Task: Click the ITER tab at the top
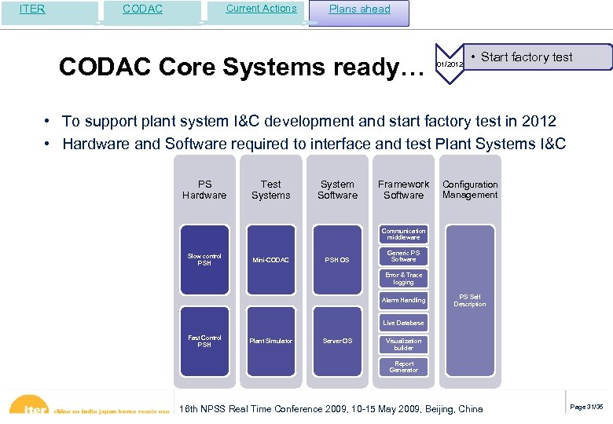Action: [32, 9]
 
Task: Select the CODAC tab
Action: [143, 9]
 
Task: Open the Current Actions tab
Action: [261, 9]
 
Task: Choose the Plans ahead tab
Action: [359, 9]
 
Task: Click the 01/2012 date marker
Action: [449, 64]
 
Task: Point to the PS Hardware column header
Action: [204, 190]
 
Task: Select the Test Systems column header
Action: [270, 190]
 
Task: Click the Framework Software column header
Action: [404, 190]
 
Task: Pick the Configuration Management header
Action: [470, 190]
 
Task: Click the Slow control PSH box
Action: [204, 260]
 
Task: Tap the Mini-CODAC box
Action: [270, 260]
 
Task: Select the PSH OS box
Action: [338, 260]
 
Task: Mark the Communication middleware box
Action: [404, 234]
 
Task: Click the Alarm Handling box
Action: [404, 300]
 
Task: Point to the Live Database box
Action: [404, 323]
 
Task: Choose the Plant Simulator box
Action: [270, 341]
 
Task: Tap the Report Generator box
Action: [404, 367]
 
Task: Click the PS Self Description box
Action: [470, 300]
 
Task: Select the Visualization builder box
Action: [404, 344]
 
